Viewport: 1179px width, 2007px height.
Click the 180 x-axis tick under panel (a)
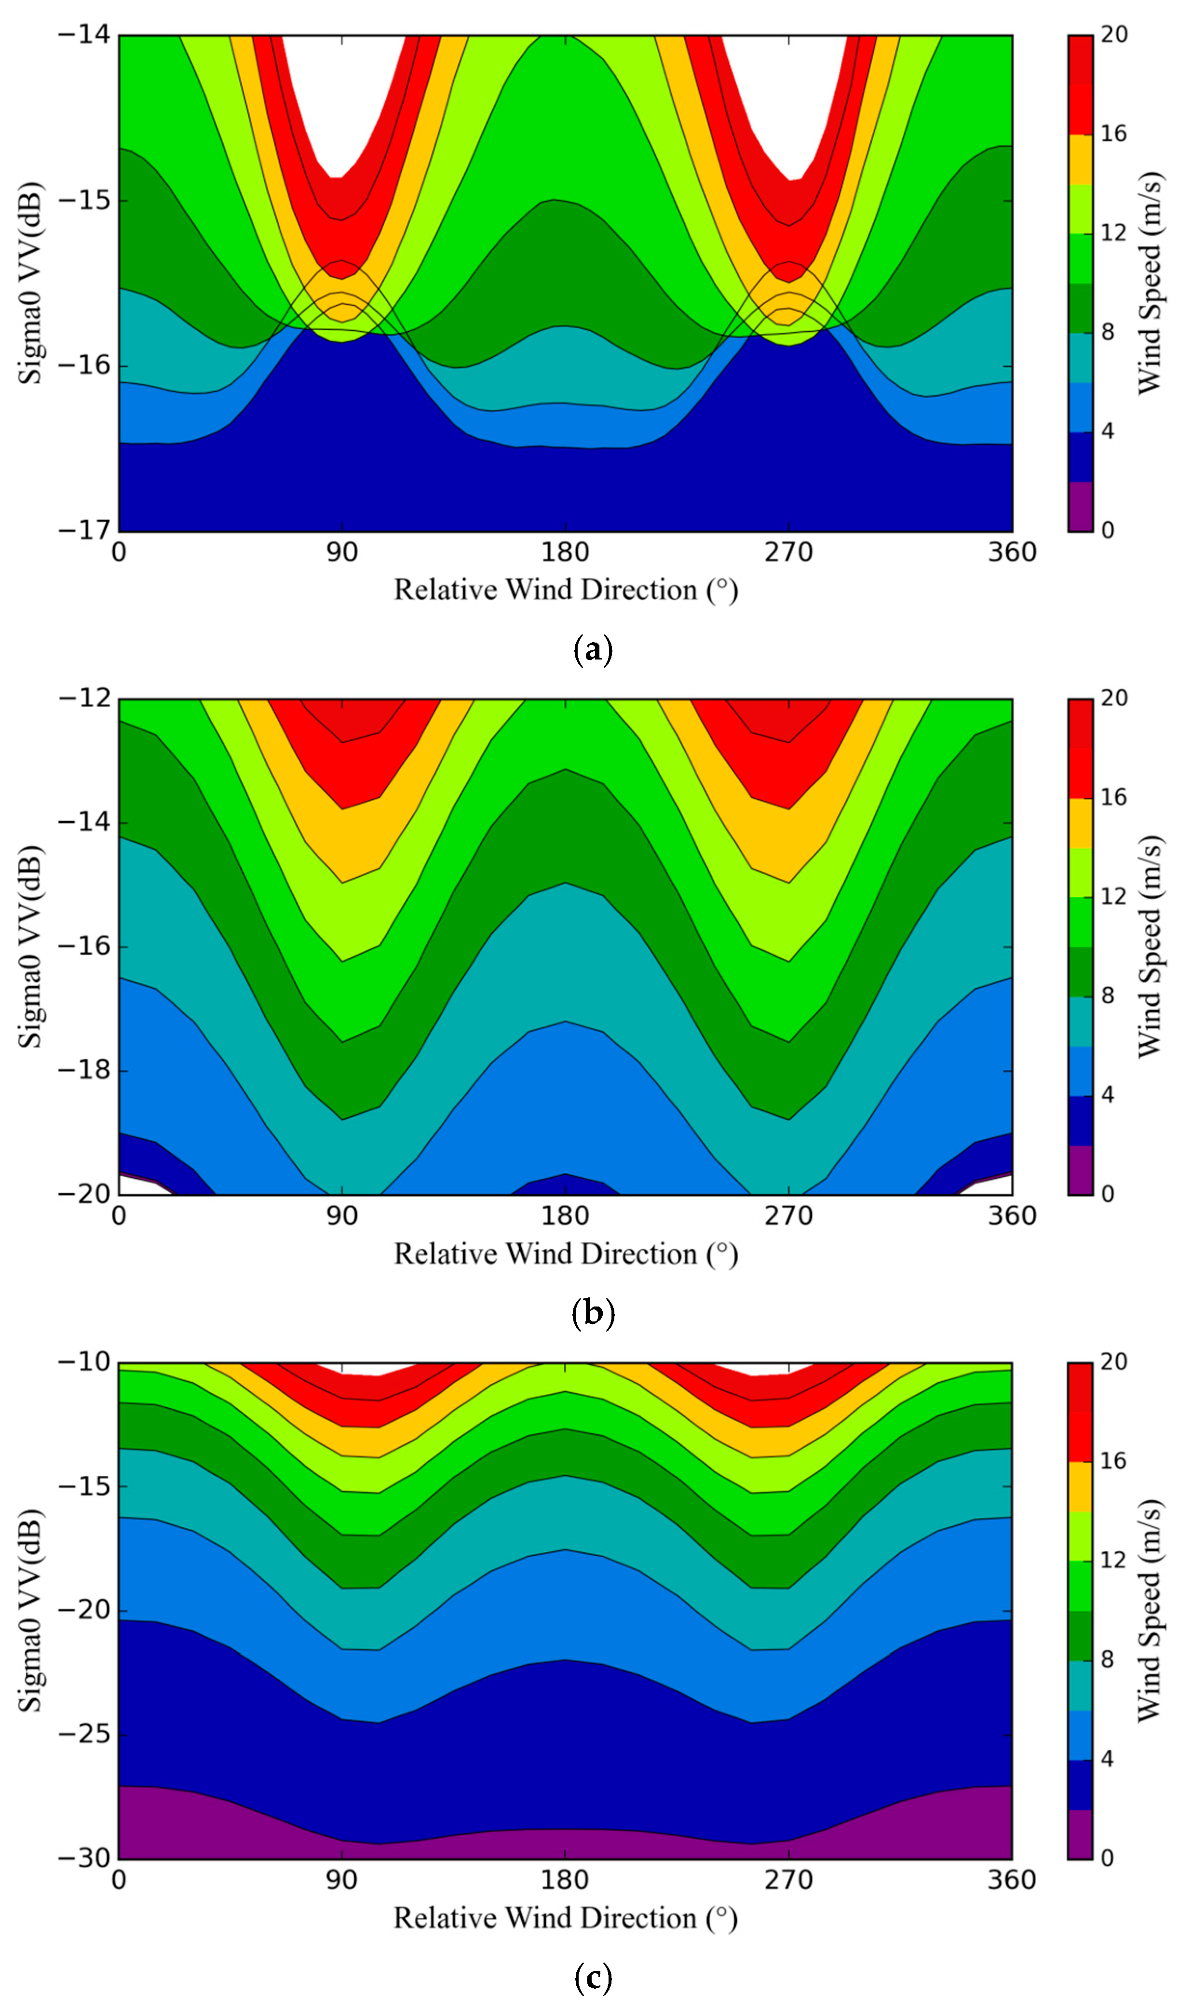565,552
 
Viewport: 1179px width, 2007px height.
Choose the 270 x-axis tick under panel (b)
788,1216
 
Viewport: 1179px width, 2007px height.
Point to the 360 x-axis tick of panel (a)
1012,552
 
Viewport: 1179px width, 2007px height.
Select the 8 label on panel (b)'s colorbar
1107,996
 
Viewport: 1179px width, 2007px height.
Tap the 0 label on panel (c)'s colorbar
1107,1858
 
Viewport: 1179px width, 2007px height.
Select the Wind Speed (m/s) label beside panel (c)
1149,1610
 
